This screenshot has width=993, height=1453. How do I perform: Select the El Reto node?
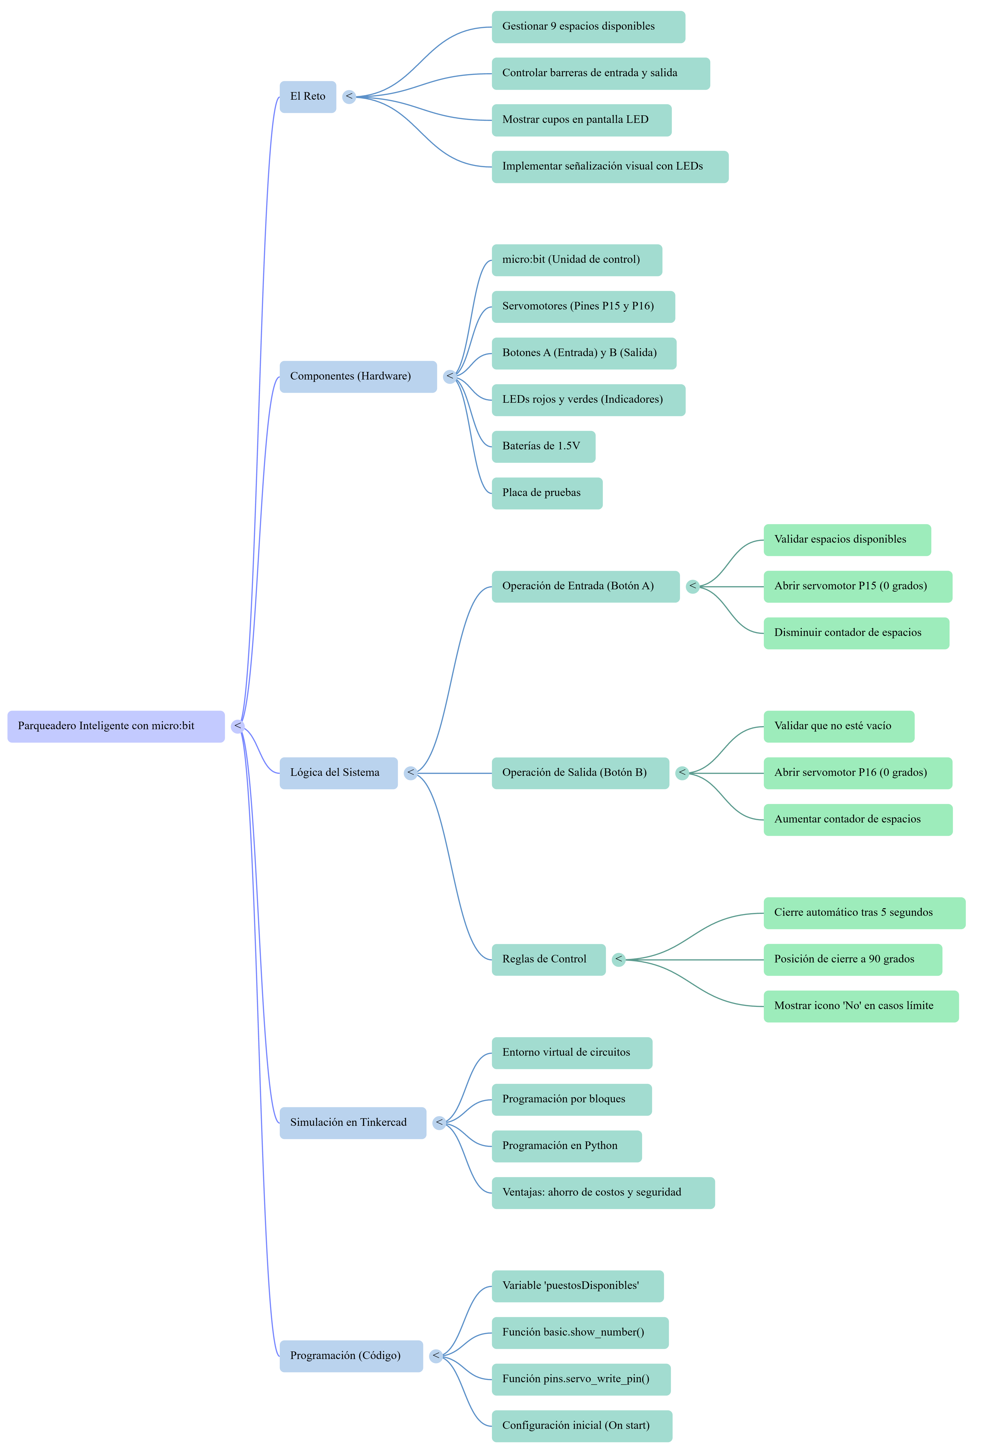308,97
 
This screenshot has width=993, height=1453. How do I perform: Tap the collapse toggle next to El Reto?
349,97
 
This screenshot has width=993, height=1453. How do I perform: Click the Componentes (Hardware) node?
358,376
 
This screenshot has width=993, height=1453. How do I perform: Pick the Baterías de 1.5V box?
543,446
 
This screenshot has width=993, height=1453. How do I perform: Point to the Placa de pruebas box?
547,493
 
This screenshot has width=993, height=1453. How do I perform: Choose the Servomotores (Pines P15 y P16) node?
583,306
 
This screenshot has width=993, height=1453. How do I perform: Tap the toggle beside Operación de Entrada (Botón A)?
692,586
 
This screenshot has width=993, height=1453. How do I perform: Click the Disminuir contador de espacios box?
856,633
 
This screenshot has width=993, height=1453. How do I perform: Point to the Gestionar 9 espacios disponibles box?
588,27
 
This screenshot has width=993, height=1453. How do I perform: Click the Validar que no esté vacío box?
839,726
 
